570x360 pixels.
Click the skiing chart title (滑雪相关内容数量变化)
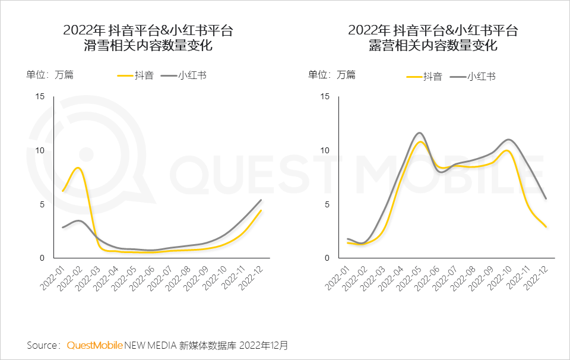point(148,46)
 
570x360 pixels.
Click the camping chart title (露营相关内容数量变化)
point(433,46)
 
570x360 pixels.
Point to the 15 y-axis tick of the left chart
point(40,96)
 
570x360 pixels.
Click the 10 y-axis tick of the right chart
point(324,150)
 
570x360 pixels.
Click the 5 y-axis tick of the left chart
point(42,204)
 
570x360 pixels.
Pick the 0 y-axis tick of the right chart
point(327,258)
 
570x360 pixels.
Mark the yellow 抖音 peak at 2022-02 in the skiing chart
point(77,168)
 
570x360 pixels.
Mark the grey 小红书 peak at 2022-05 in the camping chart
point(420,133)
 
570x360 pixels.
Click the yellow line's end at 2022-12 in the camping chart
point(546,226)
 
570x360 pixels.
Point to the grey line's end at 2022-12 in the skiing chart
point(261,200)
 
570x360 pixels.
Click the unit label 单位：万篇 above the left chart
point(49,75)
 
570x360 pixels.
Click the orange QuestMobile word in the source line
point(95,345)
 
